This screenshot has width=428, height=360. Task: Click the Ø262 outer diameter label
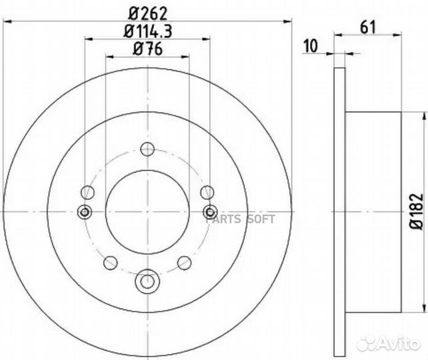(147, 11)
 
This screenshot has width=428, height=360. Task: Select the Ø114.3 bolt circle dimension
(147, 31)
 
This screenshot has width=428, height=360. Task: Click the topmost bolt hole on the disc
(147, 149)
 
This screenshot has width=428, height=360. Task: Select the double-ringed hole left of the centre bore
(85, 212)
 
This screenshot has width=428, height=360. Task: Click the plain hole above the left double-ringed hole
(86, 193)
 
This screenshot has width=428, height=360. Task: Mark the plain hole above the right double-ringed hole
(207, 193)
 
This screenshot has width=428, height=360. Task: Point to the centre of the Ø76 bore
(147, 212)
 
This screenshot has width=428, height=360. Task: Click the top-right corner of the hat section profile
(401, 112)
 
